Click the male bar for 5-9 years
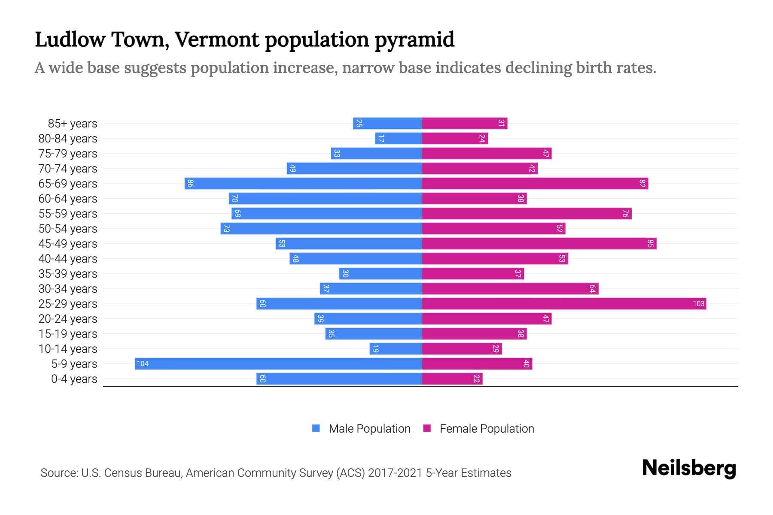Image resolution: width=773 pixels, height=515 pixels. [x=278, y=364]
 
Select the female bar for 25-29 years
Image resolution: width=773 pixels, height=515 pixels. [x=564, y=303]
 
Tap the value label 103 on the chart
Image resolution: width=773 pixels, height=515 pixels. [x=698, y=303]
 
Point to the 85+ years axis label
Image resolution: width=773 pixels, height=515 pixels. [x=72, y=124]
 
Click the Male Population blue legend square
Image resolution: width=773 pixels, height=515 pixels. [x=316, y=428]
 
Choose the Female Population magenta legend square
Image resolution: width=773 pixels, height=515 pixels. [x=427, y=428]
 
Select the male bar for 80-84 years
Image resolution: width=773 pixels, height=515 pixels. [x=399, y=138]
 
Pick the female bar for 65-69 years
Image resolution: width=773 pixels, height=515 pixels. [x=535, y=183]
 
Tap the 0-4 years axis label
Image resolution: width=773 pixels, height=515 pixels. [x=74, y=379]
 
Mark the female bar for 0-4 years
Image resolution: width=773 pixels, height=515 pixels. [x=452, y=379]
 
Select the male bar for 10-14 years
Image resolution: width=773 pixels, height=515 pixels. [x=396, y=348]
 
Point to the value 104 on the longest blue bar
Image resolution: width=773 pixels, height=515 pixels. [x=142, y=364]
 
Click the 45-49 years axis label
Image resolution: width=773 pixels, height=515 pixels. [x=68, y=244]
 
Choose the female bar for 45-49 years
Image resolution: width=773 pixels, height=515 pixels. [x=539, y=243]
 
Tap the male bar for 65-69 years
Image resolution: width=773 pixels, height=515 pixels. [x=303, y=183]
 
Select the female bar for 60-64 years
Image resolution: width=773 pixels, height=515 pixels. [x=474, y=198]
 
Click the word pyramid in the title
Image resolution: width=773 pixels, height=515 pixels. [x=414, y=39]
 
